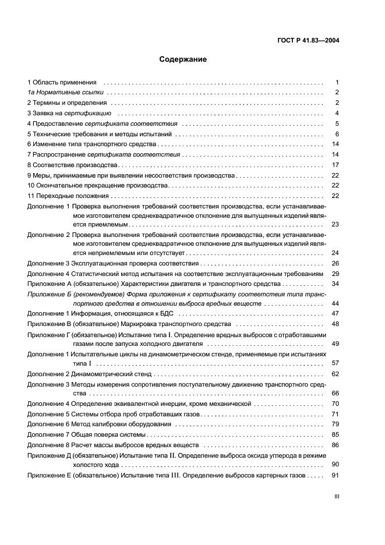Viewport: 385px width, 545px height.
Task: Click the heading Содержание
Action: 183,59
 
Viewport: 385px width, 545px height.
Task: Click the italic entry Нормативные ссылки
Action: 67,93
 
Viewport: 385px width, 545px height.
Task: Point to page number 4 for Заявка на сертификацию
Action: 337,113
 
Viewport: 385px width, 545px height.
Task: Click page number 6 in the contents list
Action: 337,133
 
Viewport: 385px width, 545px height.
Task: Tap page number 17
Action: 335,165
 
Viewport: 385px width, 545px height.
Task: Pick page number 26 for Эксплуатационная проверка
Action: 335,263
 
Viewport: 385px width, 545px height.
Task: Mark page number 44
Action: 335,304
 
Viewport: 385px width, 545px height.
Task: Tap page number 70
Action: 335,404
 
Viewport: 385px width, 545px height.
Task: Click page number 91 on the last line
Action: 335,475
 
